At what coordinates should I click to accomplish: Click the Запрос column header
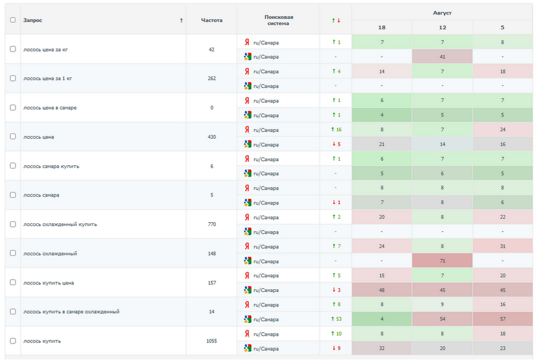(x=33, y=21)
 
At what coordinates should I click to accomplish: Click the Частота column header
(x=212, y=21)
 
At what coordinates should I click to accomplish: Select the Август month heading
(x=442, y=12)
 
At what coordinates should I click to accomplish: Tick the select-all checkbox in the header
(x=13, y=20)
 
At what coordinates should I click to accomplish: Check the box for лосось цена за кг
(x=13, y=49)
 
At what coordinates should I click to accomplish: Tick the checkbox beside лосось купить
(x=13, y=341)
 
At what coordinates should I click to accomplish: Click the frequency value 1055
(x=212, y=341)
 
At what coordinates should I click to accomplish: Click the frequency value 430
(x=212, y=137)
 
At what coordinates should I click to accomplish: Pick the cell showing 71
(x=442, y=261)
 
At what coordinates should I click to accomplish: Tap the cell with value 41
(x=442, y=57)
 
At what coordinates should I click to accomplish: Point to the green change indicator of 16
(x=336, y=130)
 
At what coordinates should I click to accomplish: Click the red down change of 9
(x=336, y=348)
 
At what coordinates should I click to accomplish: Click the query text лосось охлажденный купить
(x=60, y=225)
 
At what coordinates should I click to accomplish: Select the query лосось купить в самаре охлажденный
(x=71, y=312)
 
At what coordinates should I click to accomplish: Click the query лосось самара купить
(x=51, y=166)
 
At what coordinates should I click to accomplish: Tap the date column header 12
(x=442, y=28)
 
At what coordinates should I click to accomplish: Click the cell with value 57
(x=502, y=319)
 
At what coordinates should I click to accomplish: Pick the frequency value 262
(x=212, y=78)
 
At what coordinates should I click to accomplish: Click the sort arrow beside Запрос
(x=181, y=21)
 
